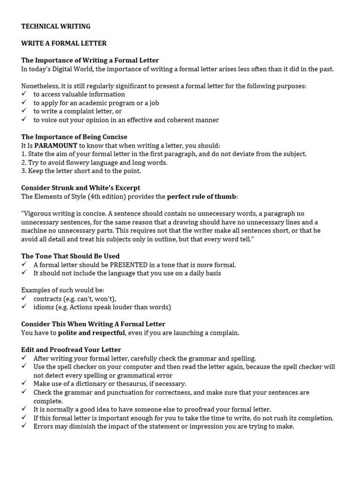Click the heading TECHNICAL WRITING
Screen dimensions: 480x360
click(56, 26)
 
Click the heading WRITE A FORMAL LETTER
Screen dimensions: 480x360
click(64, 43)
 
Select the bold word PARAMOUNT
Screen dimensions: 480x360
click(56, 145)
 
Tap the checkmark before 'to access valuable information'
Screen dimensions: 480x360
click(24, 94)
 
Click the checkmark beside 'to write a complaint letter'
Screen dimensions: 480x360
click(24, 111)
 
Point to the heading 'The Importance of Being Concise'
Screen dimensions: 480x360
click(74, 137)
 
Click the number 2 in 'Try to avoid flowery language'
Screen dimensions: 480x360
click(23, 163)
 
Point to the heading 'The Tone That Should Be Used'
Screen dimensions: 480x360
click(70, 256)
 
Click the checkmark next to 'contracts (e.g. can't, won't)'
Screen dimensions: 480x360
click(24, 299)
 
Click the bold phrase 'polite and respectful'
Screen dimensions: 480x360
click(91, 333)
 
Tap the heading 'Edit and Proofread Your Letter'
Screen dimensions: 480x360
click(71, 350)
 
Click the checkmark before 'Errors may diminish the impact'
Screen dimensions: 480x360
click(24, 427)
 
